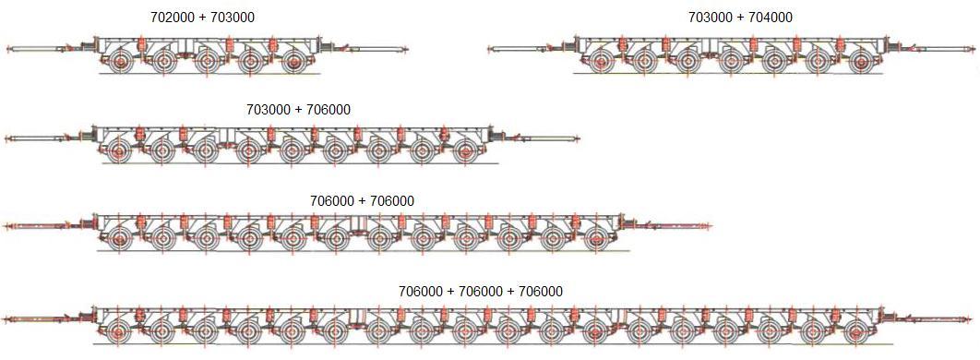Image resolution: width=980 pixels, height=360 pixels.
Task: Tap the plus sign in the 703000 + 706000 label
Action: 298,109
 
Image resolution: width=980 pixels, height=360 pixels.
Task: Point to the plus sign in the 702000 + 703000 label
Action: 202,18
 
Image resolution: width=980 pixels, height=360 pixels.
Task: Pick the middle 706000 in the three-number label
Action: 481,292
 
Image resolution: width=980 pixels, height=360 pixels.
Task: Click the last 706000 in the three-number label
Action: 541,292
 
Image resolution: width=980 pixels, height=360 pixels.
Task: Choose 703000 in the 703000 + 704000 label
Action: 707,18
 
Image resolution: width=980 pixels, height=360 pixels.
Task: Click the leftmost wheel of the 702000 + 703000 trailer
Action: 120,63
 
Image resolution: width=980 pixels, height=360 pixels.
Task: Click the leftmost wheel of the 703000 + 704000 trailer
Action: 601,63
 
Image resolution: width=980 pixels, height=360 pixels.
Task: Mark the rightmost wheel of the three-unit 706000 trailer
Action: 855,330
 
